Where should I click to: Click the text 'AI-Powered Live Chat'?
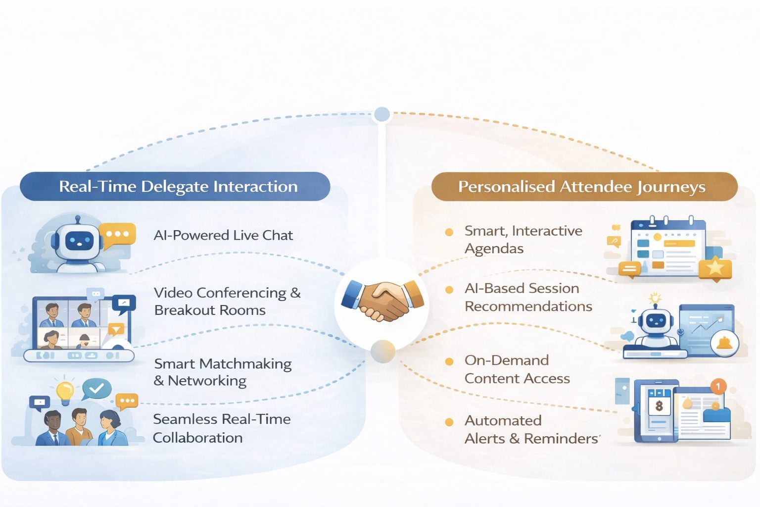223,235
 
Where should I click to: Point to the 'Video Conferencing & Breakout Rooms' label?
227,301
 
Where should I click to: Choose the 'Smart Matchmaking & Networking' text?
223,372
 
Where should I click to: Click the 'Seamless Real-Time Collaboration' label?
222,428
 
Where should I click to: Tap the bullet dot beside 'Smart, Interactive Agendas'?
449,232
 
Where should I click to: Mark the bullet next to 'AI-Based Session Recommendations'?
449,290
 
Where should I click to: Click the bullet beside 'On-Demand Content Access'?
449,361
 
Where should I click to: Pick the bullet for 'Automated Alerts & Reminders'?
449,422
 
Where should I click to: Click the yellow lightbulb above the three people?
65,391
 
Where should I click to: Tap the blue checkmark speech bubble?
96,388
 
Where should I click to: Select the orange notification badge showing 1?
717,386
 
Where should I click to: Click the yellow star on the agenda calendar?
715,268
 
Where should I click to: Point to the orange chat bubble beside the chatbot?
117,234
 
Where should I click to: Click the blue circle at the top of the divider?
382,114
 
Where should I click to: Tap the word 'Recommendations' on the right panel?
528,306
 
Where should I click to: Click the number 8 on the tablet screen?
659,406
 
